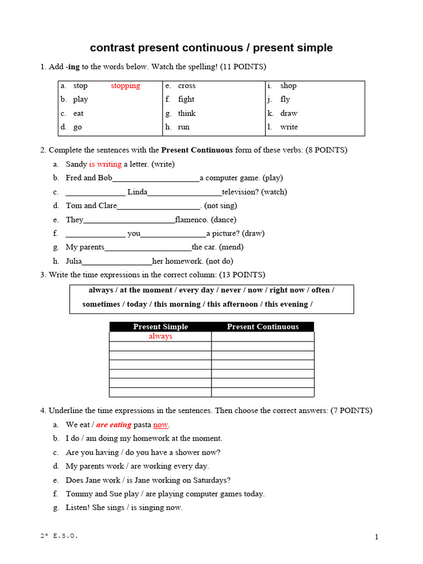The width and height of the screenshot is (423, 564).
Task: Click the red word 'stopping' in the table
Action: pyautogui.click(x=125, y=86)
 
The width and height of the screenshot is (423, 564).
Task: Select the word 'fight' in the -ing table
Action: pyautogui.click(x=186, y=100)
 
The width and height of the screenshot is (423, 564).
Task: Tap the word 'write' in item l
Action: pyautogui.click(x=289, y=127)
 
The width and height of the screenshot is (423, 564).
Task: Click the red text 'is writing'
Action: pyautogui.click(x=105, y=164)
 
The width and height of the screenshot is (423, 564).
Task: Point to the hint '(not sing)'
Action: pyautogui.click(x=220, y=206)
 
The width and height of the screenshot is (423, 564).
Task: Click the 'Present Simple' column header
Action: pyautogui.click(x=160, y=327)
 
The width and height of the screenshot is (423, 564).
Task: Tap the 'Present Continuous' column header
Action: pyautogui.click(x=263, y=327)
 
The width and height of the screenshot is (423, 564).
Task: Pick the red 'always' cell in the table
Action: pyautogui.click(x=160, y=337)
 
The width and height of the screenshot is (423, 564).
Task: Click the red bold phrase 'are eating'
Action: pyautogui.click(x=114, y=425)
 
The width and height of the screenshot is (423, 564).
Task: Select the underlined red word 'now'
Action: pyautogui.click(x=161, y=425)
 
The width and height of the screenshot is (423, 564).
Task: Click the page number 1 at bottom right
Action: pyautogui.click(x=377, y=538)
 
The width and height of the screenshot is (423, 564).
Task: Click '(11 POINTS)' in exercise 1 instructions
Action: pyautogui.click(x=243, y=67)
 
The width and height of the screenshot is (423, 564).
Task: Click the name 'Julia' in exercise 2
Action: pyautogui.click(x=74, y=261)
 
